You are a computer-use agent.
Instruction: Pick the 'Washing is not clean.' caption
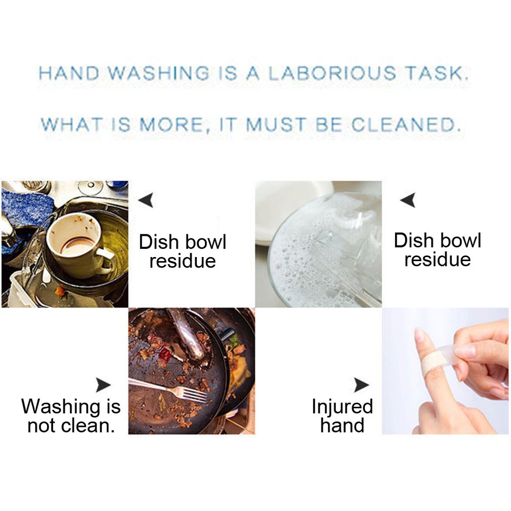71,415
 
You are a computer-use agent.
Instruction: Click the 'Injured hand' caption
342,415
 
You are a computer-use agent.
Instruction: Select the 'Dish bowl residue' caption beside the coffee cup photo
183,251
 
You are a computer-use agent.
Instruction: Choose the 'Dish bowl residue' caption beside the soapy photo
437,249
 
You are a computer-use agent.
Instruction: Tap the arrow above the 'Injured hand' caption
361,386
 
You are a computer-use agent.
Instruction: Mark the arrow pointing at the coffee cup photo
146,200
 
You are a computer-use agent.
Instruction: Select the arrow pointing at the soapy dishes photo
408,200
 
